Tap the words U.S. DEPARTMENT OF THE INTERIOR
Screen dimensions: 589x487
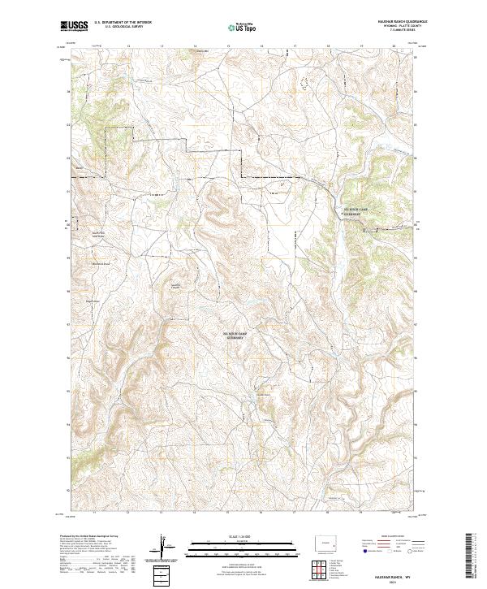pos(123,22)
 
